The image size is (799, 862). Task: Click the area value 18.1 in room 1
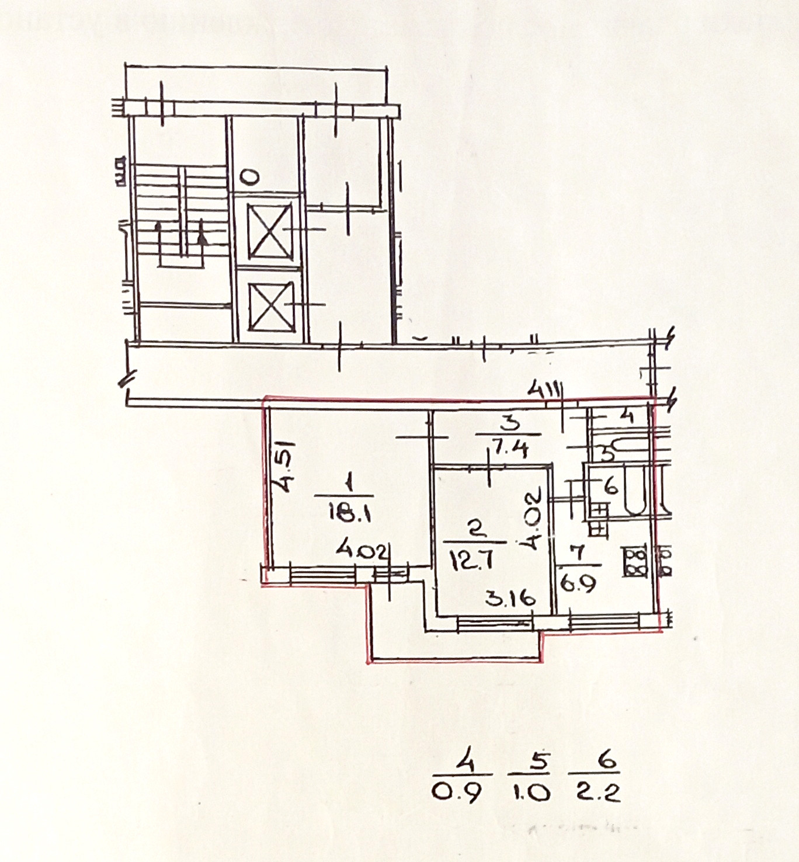[349, 515]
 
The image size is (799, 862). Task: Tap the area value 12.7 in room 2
[473, 561]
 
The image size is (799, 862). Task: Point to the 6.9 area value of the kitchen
[579, 583]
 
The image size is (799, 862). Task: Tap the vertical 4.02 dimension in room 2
[534, 520]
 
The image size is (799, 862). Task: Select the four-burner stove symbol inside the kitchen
[634, 561]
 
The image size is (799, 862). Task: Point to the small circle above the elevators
[249, 175]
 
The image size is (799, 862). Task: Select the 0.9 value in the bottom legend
[458, 793]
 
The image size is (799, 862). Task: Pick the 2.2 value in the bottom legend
[597, 793]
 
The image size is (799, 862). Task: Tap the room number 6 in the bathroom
[611, 486]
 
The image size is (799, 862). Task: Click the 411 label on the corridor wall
[543, 388]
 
